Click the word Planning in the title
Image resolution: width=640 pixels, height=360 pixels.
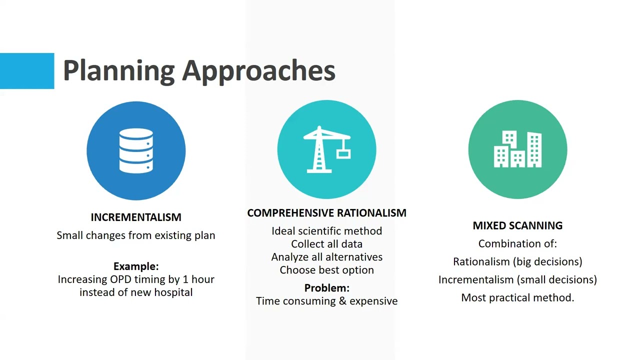tap(118, 71)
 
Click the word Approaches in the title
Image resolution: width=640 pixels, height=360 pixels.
tap(258, 71)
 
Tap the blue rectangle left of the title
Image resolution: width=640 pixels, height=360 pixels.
tap(27, 71)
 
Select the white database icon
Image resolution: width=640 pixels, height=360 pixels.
tap(136, 150)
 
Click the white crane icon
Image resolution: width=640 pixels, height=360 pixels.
tap(326, 149)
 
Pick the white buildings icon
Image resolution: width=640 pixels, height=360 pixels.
tap(517, 149)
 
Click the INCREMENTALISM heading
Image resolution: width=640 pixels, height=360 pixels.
tap(136, 217)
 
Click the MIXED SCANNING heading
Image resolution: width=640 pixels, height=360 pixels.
tap(517, 225)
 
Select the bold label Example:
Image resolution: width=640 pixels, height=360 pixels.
tap(136, 266)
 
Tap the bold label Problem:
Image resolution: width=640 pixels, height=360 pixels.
tap(326, 288)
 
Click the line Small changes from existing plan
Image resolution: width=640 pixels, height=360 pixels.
tap(136, 235)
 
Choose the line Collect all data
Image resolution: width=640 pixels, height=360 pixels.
tap(326, 244)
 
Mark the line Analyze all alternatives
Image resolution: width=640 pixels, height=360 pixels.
tap(326, 257)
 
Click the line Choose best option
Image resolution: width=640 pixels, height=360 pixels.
tap(326, 270)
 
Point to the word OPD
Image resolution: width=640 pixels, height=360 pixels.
tap(120, 279)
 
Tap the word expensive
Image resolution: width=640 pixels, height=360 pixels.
tap(373, 301)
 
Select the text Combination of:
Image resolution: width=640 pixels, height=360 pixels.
tap(517, 244)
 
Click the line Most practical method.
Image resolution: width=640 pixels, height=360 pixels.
tap(517, 297)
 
